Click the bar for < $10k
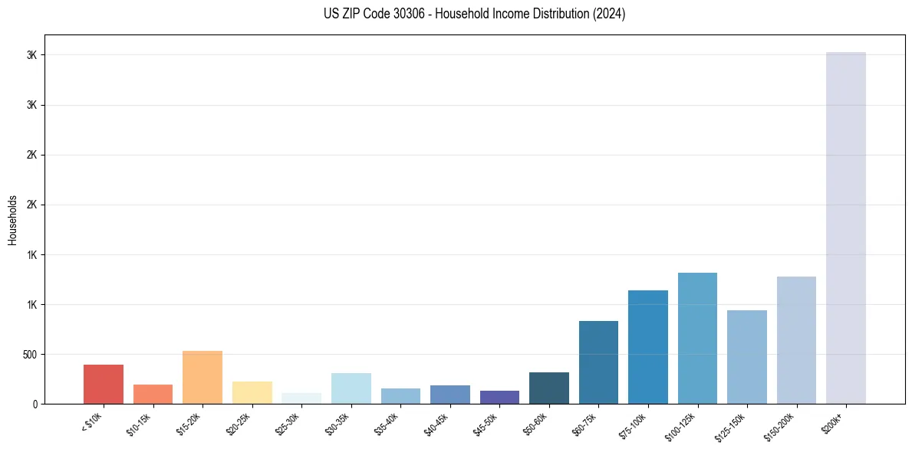pos(104,384)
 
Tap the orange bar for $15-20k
pos(202,377)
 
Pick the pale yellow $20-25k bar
pos(252,392)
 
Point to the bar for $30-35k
pos(351,388)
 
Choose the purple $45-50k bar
pos(499,397)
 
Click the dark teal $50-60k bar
pos(549,388)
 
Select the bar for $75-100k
pos(648,347)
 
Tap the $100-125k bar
pos(697,338)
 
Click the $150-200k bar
pos(796,340)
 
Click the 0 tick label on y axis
pos(35,404)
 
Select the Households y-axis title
pos(12,220)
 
